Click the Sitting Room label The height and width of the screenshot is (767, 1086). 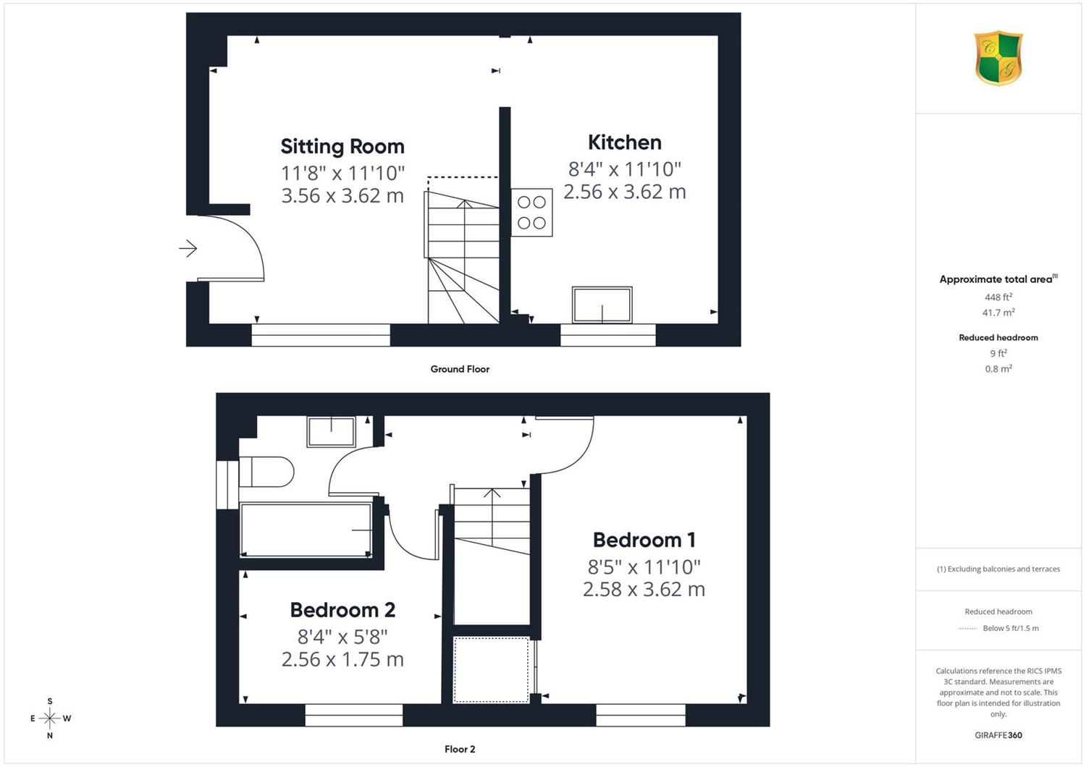point(342,146)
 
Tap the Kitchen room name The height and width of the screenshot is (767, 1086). point(624,143)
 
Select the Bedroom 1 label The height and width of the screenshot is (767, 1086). point(644,540)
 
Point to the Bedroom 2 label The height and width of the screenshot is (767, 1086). point(342,610)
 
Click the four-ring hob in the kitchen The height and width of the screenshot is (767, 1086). point(531,212)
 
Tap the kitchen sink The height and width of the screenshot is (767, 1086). point(602,305)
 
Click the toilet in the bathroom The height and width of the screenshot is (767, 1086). point(266,472)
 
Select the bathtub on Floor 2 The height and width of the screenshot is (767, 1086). point(306,530)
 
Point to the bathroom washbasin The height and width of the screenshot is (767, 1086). point(331,432)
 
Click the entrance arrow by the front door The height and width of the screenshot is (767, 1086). point(188,249)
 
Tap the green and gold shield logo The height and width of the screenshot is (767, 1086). point(998,58)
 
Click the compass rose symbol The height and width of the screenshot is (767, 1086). point(50,718)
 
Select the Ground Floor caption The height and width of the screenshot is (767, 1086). point(460,369)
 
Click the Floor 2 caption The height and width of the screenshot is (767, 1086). point(460,749)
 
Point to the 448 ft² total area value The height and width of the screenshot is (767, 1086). point(998,297)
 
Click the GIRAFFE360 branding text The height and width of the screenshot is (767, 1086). point(998,735)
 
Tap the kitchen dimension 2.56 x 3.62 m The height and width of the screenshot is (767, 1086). point(624,191)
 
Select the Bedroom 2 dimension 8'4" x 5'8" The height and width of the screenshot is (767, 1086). point(342,637)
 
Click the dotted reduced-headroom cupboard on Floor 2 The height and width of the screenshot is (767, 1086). point(491,669)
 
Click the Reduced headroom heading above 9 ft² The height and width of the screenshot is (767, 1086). point(998,338)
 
